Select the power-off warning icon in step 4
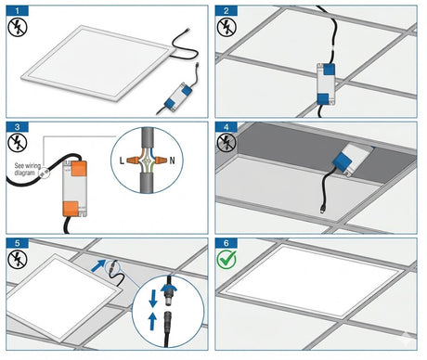coord(228,145)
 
